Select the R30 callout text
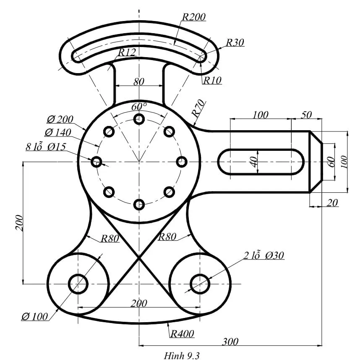coord(235,42)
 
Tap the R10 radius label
coord(212,80)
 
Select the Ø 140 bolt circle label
coord(57,132)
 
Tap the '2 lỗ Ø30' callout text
coord(264,255)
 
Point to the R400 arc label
coord(182,334)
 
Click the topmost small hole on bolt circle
coord(139,119)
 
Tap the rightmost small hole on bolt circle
coord(182,162)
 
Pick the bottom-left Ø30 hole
coord(78,284)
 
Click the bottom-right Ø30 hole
coord(200,284)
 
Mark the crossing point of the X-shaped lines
coord(139,258)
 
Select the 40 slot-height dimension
coord(253,162)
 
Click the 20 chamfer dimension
coord(332,203)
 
